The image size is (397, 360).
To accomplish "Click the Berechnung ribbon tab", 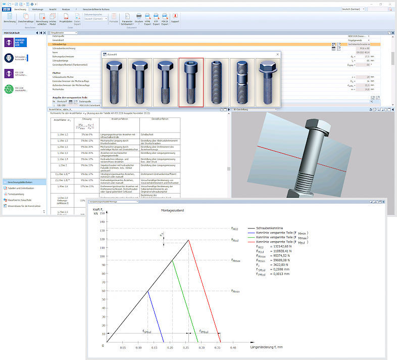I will (20, 9).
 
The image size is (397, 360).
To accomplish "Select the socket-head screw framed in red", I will (191, 82).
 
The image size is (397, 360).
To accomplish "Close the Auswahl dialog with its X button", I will (277, 54).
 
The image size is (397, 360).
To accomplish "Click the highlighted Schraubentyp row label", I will (61, 44).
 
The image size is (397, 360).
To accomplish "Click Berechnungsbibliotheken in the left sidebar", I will (22, 182).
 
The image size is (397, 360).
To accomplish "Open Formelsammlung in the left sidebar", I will (18, 194).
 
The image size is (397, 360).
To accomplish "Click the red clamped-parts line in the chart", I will (205, 291).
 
